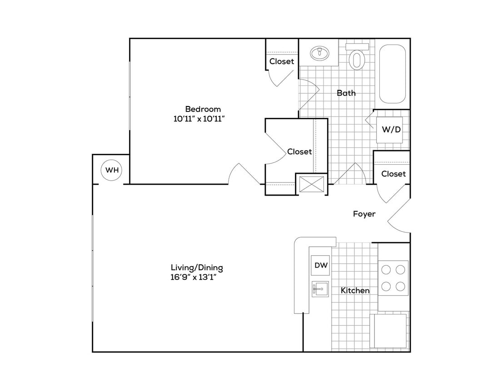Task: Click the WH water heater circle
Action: click(x=112, y=170)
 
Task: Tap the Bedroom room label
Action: click(x=203, y=109)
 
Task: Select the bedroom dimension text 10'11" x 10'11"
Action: click(x=200, y=119)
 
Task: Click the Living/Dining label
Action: click(x=197, y=268)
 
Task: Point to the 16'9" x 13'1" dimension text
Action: click(x=194, y=278)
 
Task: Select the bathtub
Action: click(x=392, y=74)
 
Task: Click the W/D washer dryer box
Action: click(x=391, y=130)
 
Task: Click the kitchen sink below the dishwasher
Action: click(x=320, y=289)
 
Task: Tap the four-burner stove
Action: click(x=393, y=278)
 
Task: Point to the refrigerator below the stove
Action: click(x=390, y=331)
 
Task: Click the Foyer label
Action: click(x=364, y=214)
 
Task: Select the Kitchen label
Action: click(x=355, y=290)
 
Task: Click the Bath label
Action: click(x=346, y=93)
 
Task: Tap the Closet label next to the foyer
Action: click(x=393, y=174)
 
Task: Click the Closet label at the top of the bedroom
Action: click(x=282, y=61)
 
